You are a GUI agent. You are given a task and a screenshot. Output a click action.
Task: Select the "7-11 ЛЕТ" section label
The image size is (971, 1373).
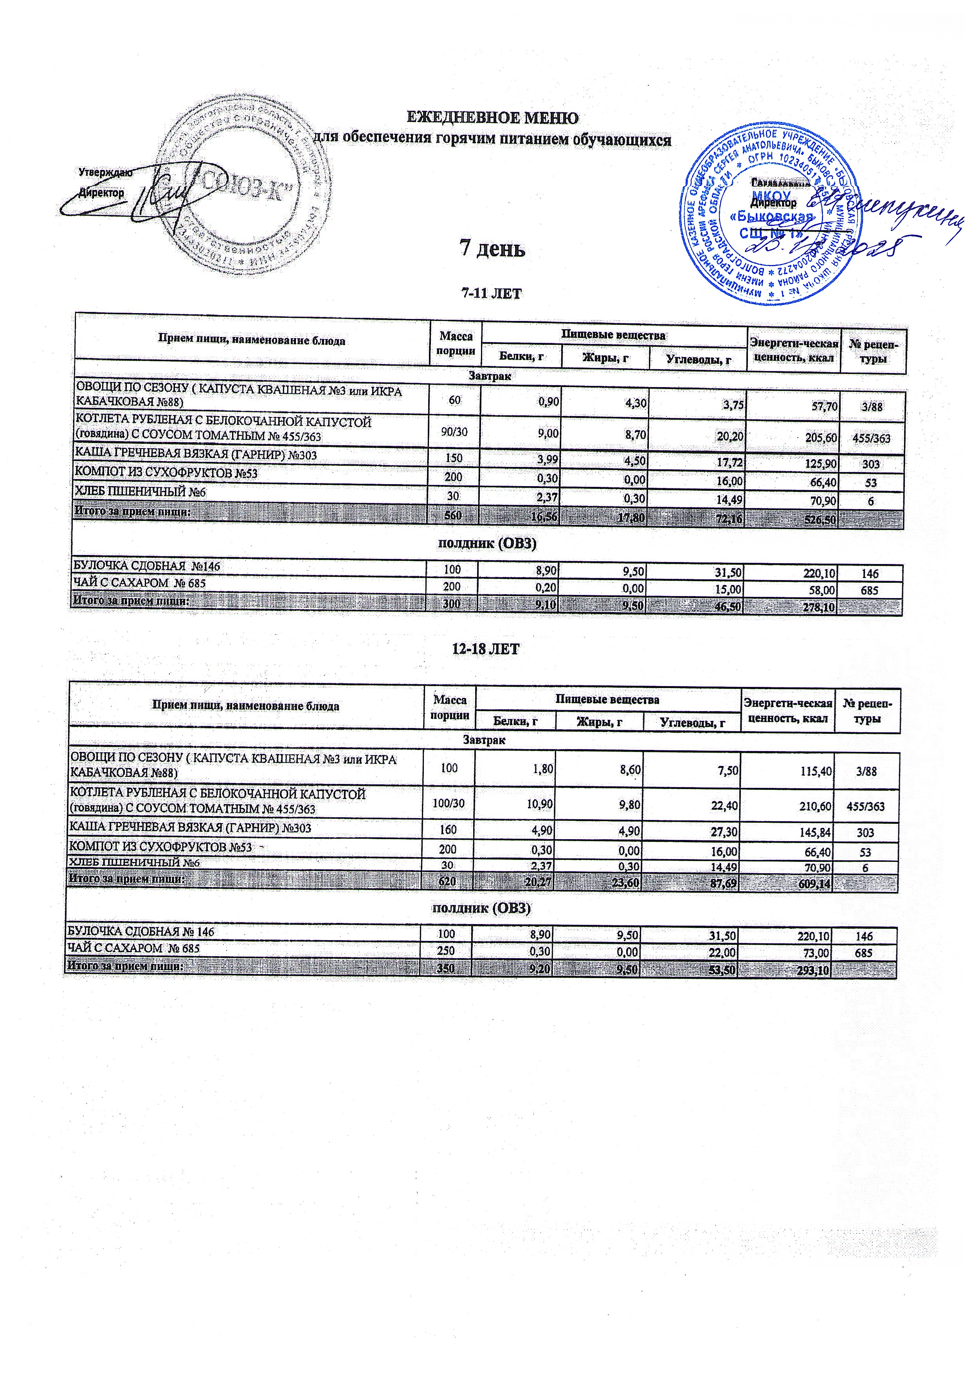click(492, 294)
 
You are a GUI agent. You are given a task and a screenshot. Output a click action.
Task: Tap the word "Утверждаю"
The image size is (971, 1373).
click(105, 172)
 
